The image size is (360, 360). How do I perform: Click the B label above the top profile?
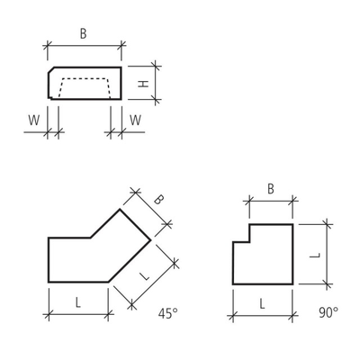coord(83,33)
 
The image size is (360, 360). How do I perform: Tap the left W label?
coord(34,121)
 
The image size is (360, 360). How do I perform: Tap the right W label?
coord(135,121)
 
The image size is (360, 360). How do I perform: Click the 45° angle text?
coord(168,314)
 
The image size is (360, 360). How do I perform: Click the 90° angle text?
coord(328,312)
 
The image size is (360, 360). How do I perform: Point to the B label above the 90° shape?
coord(271,189)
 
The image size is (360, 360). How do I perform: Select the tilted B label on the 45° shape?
coord(158,200)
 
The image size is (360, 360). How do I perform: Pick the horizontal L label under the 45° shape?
coord(78,303)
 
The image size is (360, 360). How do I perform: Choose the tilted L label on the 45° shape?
coord(145,275)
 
